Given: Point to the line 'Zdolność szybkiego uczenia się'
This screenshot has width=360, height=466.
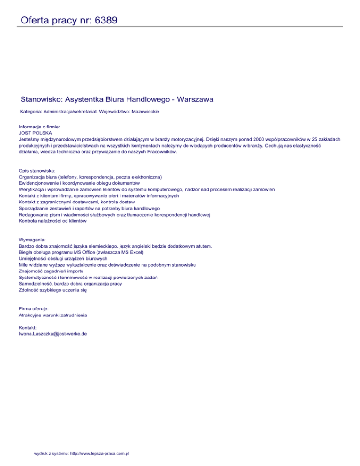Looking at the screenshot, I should tap(52, 290).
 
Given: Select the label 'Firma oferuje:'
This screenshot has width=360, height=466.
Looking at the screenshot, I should tap(34, 309).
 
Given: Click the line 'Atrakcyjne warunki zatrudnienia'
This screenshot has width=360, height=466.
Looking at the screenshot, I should tap(53, 315).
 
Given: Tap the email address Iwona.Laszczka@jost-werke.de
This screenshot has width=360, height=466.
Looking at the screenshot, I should tap(53, 334).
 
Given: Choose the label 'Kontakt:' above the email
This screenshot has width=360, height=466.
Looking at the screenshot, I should tap(28, 328).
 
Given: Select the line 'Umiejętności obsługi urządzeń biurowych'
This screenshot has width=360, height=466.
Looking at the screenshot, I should tap(63, 258).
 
